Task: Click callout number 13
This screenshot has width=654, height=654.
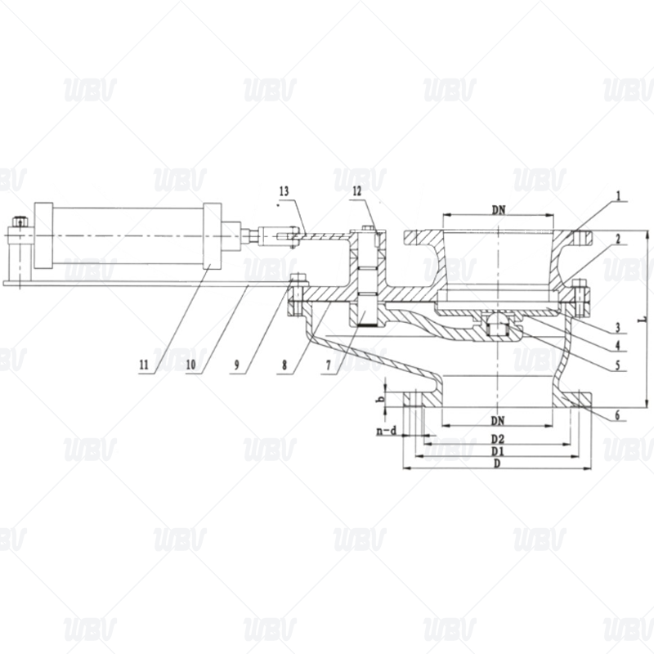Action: pyautogui.click(x=284, y=191)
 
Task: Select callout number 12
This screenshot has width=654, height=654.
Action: pyautogui.click(x=357, y=191)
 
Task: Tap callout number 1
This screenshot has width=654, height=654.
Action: pyautogui.click(x=620, y=195)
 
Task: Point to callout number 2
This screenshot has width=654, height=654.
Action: pyautogui.click(x=619, y=239)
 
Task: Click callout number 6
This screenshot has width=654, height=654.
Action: pyautogui.click(x=618, y=415)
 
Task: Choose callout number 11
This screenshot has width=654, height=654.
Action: pyautogui.click(x=144, y=365)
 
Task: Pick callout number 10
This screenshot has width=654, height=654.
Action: pyautogui.click(x=190, y=365)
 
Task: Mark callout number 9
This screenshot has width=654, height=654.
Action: pyautogui.click(x=236, y=365)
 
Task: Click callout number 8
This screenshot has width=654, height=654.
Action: pyautogui.click(x=284, y=365)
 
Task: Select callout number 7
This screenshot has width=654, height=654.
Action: pyautogui.click(x=329, y=365)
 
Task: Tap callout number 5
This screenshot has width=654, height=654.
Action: pyautogui.click(x=619, y=365)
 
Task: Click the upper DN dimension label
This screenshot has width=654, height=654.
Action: pyautogui.click(x=499, y=210)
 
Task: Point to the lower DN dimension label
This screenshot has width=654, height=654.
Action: pyautogui.click(x=498, y=420)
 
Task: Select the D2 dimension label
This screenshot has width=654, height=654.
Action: pyautogui.click(x=497, y=438)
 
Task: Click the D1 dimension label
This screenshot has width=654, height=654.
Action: pyautogui.click(x=497, y=451)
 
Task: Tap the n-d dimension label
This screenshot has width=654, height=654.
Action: pyautogui.click(x=387, y=431)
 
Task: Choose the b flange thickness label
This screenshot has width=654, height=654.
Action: pyautogui.click(x=380, y=400)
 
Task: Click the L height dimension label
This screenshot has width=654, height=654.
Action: pyautogui.click(x=644, y=320)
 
